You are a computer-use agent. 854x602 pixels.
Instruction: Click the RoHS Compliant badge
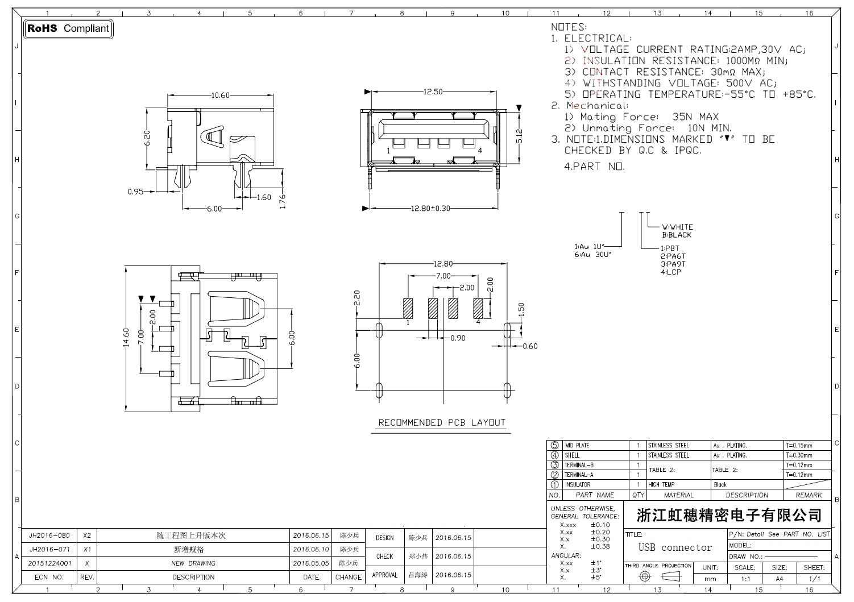coord(68,28)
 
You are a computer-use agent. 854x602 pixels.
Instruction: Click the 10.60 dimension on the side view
coord(220,96)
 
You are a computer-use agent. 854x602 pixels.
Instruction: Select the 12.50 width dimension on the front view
coord(433,92)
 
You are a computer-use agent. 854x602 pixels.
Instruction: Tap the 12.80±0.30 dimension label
coord(430,209)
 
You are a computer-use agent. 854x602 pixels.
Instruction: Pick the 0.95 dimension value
coord(135,192)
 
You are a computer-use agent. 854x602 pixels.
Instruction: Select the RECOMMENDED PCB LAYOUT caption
coord(442,423)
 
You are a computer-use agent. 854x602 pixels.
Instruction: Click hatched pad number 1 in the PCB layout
coord(408,308)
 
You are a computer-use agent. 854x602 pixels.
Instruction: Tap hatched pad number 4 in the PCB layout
coord(478,308)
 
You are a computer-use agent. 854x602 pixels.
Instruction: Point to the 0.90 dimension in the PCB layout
coord(458,338)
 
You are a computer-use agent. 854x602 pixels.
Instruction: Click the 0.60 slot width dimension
coord(530,346)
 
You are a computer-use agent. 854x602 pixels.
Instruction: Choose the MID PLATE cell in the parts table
coord(577,446)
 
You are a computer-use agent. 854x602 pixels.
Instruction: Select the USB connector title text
coord(675,548)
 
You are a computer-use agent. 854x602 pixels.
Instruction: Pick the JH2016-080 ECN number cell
coord(49,536)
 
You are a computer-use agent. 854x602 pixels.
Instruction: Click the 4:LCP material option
coord(671,272)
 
